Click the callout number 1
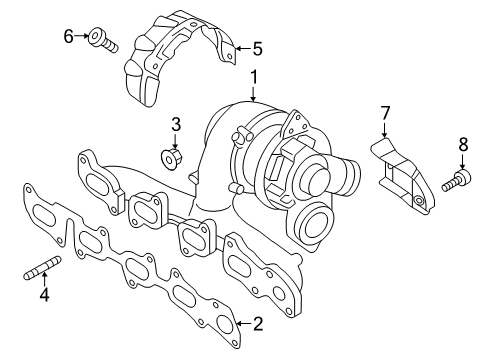click(x=254, y=77)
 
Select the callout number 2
click(x=258, y=324)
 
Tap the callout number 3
click(x=176, y=124)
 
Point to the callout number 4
click(x=44, y=294)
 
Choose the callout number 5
click(x=257, y=49)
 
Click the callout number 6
click(x=68, y=36)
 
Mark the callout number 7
click(x=385, y=113)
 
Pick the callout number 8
click(x=463, y=145)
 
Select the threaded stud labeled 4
click(x=43, y=267)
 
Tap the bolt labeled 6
click(x=102, y=39)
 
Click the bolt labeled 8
click(x=457, y=180)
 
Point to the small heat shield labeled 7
click(x=404, y=177)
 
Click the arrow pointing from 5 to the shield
click(x=243, y=49)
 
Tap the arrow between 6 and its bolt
click(x=82, y=35)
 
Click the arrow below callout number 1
click(x=254, y=94)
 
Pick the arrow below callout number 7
click(x=385, y=130)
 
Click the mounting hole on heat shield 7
click(x=418, y=200)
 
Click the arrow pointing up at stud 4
click(x=44, y=279)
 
